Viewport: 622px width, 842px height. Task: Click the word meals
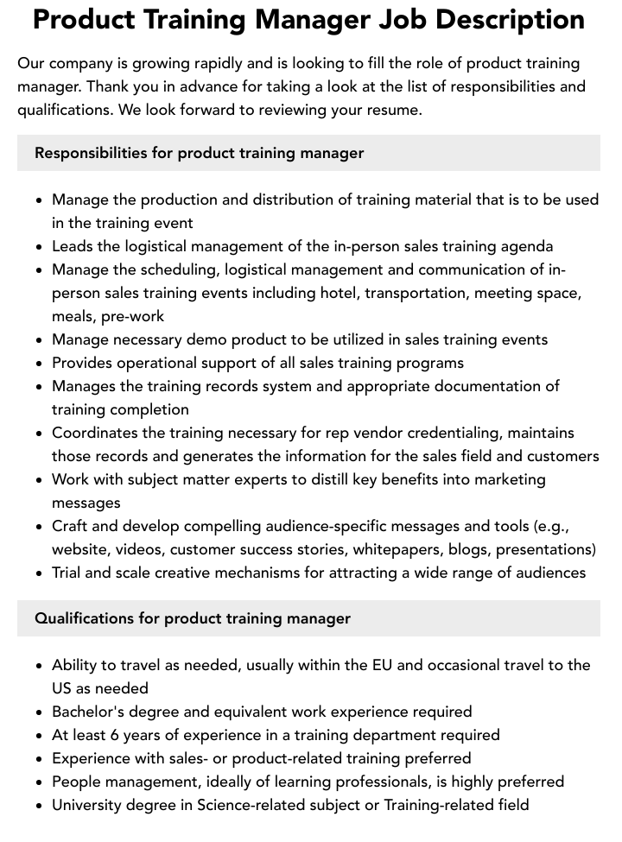point(72,316)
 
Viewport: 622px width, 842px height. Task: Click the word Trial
point(69,573)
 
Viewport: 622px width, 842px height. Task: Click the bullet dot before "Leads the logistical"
point(40,247)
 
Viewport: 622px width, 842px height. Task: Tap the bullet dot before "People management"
point(40,782)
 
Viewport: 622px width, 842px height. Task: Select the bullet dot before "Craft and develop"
point(40,527)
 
